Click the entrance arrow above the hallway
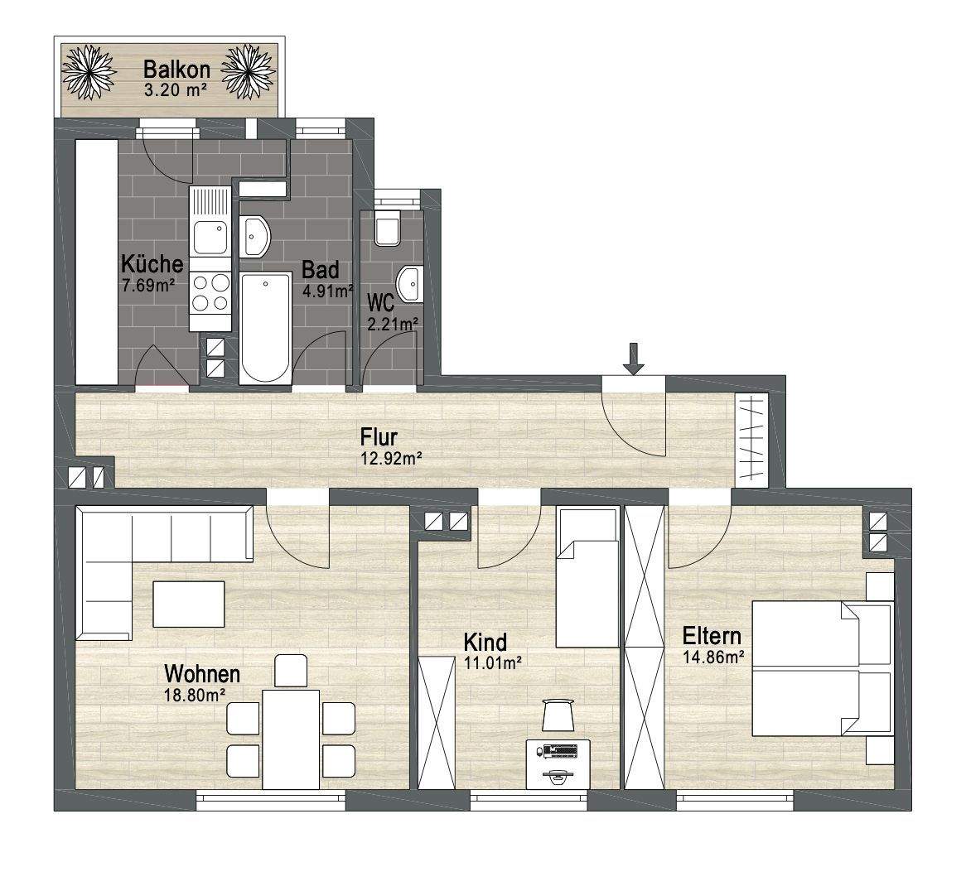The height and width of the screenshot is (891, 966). click(633, 359)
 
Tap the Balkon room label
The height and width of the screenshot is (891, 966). click(176, 70)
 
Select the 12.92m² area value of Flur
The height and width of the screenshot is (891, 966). click(390, 458)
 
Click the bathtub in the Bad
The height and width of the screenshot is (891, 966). click(266, 328)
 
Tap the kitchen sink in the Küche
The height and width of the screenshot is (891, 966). click(210, 221)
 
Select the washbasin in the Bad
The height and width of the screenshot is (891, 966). click(254, 237)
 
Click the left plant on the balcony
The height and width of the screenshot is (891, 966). click(89, 71)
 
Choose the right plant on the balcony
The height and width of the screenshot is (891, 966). click(247, 71)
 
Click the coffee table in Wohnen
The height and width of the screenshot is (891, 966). click(189, 604)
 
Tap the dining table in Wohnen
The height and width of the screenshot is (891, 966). click(291, 739)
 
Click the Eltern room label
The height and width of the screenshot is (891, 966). click(712, 635)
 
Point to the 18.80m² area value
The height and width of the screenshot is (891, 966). click(194, 696)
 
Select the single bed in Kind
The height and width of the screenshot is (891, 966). click(587, 577)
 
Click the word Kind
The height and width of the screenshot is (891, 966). click(485, 643)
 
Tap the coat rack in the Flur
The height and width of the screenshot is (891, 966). click(751, 438)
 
